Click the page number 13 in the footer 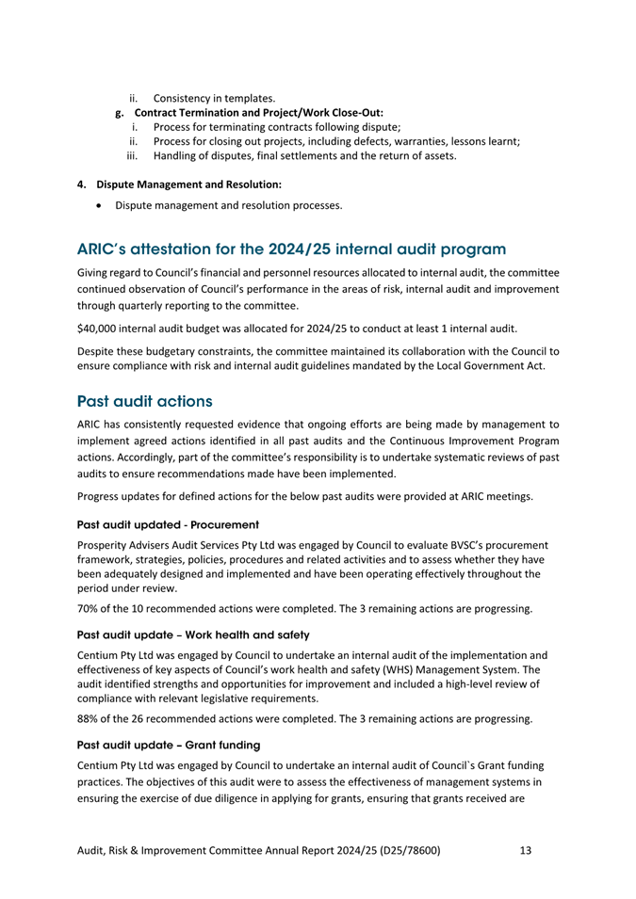click(525, 851)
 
